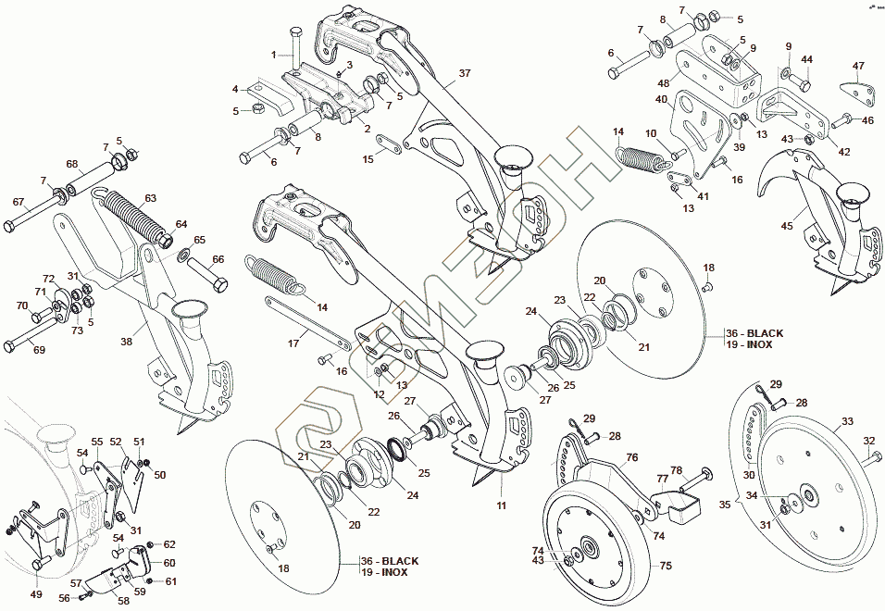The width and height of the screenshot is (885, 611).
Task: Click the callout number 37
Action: pyautogui.click(x=464, y=72)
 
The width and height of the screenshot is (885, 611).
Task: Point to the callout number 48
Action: pyautogui.click(x=664, y=83)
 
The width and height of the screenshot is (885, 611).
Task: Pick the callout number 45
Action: pyautogui.click(x=787, y=225)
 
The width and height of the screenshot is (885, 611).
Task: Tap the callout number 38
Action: pyautogui.click(x=125, y=341)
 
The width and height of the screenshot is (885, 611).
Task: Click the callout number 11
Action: pyautogui.click(x=501, y=505)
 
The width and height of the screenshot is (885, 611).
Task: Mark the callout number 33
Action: pyautogui.click(x=846, y=422)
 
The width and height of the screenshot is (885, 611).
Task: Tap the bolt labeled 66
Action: pyautogui.click(x=206, y=275)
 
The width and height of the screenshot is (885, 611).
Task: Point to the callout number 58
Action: pyautogui.click(x=123, y=601)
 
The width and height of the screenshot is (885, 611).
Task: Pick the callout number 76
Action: pyautogui.click(x=631, y=457)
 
